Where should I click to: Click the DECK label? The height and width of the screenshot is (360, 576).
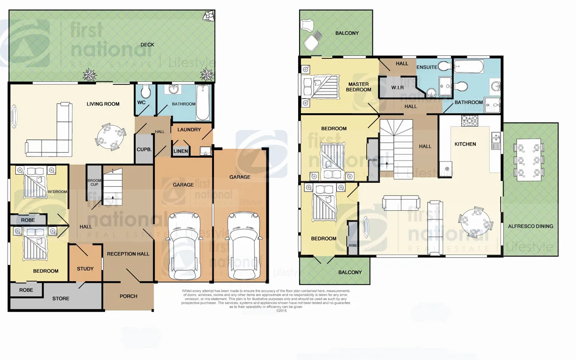(x=147, y=45)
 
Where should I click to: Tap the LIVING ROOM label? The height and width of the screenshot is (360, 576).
(x=103, y=104)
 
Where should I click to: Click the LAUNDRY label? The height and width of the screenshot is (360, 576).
(x=189, y=130)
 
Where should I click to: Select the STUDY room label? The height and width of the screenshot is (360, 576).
(x=85, y=269)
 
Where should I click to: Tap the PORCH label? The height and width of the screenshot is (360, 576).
(x=129, y=296)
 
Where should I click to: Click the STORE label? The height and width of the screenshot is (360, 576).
(x=61, y=299)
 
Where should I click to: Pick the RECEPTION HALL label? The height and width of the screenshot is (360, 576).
(x=129, y=254)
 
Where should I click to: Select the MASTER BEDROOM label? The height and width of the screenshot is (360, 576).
(x=359, y=87)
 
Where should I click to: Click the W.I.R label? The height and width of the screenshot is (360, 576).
(x=397, y=88)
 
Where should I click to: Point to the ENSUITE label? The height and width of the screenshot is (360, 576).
(x=427, y=67)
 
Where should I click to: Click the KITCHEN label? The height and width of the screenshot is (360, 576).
(x=465, y=144)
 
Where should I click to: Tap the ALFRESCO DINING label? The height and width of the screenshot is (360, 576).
(x=530, y=226)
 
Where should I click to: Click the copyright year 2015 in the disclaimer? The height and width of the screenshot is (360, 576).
(x=282, y=311)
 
